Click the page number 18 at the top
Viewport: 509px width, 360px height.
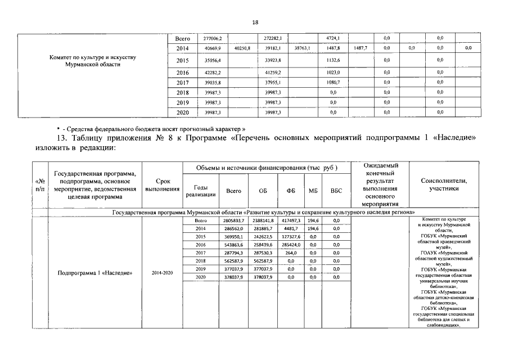[x=255, y=22]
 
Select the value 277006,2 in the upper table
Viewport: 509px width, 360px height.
[x=213, y=38]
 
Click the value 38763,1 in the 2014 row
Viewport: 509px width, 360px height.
[x=303, y=49]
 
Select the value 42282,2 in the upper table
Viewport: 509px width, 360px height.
[x=212, y=73]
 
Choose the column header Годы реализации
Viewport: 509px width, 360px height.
[x=201, y=191]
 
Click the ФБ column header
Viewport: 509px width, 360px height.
[x=291, y=191]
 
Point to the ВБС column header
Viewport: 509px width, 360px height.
[x=336, y=191]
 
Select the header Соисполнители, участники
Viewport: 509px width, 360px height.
[x=444, y=185]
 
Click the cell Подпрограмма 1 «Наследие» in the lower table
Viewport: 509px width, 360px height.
[x=95, y=273]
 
